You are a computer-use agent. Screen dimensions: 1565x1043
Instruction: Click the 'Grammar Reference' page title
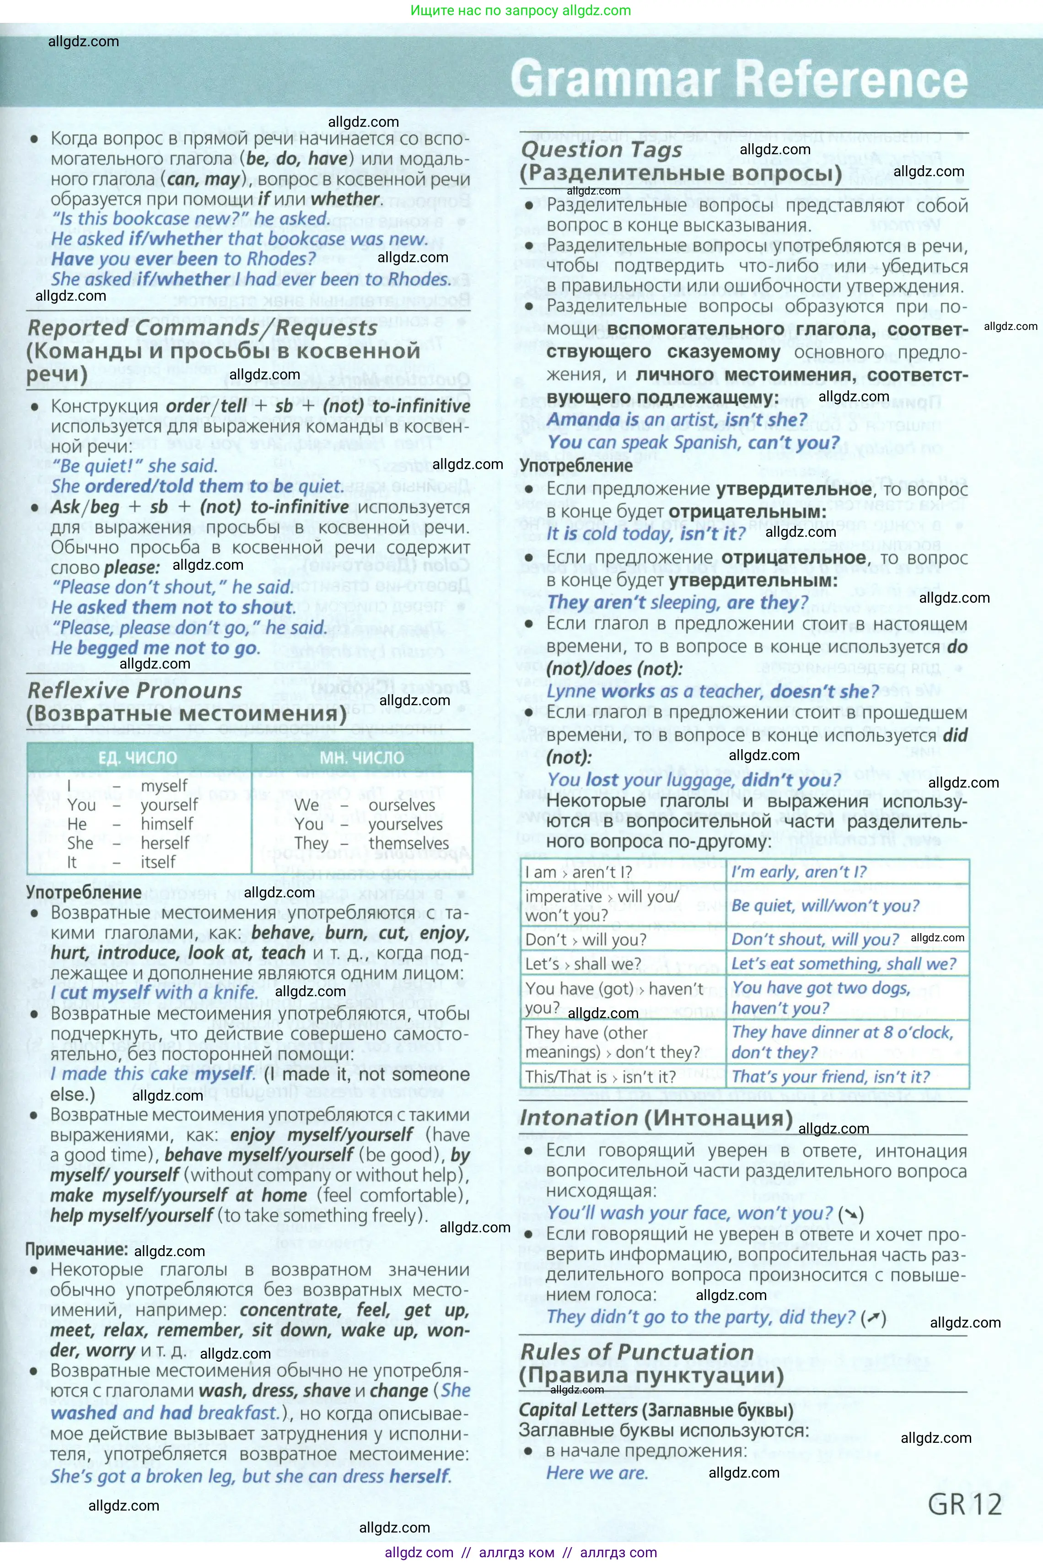[x=738, y=79]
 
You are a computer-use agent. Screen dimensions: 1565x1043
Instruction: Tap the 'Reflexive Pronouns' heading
[x=135, y=691]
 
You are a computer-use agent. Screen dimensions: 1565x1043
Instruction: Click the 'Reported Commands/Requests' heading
[x=202, y=328]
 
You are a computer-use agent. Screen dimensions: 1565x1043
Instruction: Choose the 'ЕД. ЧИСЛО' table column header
[x=138, y=758]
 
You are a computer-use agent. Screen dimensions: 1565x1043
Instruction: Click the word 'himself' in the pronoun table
[x=167, y=824]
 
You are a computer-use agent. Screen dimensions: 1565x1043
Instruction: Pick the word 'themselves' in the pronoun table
[x=409, y=843]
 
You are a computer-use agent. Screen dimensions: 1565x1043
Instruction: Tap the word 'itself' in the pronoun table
[x=158, y=862]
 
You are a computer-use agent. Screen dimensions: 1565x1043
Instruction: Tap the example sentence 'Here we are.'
[x=597, y=1473]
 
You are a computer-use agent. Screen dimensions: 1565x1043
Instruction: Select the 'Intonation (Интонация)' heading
[x=656, y=1118]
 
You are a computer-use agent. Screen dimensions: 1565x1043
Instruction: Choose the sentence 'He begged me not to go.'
[x=156, y=648]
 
